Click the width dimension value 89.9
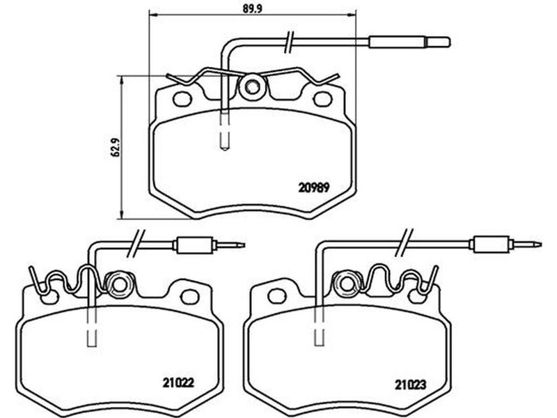253,8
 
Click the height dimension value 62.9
114,148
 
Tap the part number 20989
314,187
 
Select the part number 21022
178,382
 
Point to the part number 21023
411,385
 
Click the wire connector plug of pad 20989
409,42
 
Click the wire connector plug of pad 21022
209,245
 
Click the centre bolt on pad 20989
252,86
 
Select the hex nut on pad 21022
119,284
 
